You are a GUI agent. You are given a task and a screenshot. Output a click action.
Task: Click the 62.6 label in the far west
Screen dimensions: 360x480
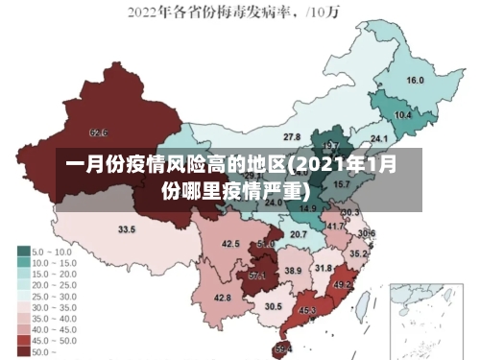pyautogui.click(x=98, y=132)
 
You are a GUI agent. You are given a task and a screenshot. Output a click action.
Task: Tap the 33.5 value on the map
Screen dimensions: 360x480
pyautogui.click(x=127, y=229)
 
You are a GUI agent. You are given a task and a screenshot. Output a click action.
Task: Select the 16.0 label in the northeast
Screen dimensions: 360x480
pyautogui.click(x=415, y=81)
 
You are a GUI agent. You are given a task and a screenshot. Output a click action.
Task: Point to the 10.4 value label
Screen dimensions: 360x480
pyautogui.click(x=403, y=115)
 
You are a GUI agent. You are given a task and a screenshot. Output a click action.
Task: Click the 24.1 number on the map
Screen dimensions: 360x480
pyautogui.click(x=365, y=141)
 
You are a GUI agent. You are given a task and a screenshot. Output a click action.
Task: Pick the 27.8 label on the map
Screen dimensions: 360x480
pyautogui.click(x=291, y=137)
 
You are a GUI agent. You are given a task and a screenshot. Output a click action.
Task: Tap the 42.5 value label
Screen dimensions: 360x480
pyautogui.click(x=230, y=244)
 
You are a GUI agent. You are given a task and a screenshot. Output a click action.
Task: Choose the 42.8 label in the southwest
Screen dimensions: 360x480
pyautogui.click(x=222, y=298)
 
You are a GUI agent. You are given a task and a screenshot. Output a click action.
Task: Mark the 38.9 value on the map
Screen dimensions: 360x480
pyautogui.click(x=293, y=272)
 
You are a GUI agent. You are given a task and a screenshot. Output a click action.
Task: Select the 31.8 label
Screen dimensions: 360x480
pyautogui.click(x=324, y=268)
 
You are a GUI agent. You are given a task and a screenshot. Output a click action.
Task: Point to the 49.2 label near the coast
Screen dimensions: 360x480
pyautogui.click(x=343, y=285)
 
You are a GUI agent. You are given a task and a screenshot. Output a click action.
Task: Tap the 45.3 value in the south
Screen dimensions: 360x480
pyautogui.click(x=307, y=310)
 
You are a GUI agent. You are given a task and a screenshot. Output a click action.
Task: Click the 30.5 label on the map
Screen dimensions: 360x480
pyautogui.click(x=273, y=306)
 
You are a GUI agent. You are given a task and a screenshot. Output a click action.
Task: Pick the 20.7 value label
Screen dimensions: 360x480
pyautogui.click(x=299, y=234)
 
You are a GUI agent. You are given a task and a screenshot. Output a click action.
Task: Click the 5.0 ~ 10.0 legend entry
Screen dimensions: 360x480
pyautogui.click(x=48, y=251)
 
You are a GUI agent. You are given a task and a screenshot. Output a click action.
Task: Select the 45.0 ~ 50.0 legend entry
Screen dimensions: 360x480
pyautogui.click(x=48, y=341)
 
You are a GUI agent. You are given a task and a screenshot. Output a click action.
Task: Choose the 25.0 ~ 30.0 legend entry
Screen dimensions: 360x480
pyautogui.click(x=48, y=296)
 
